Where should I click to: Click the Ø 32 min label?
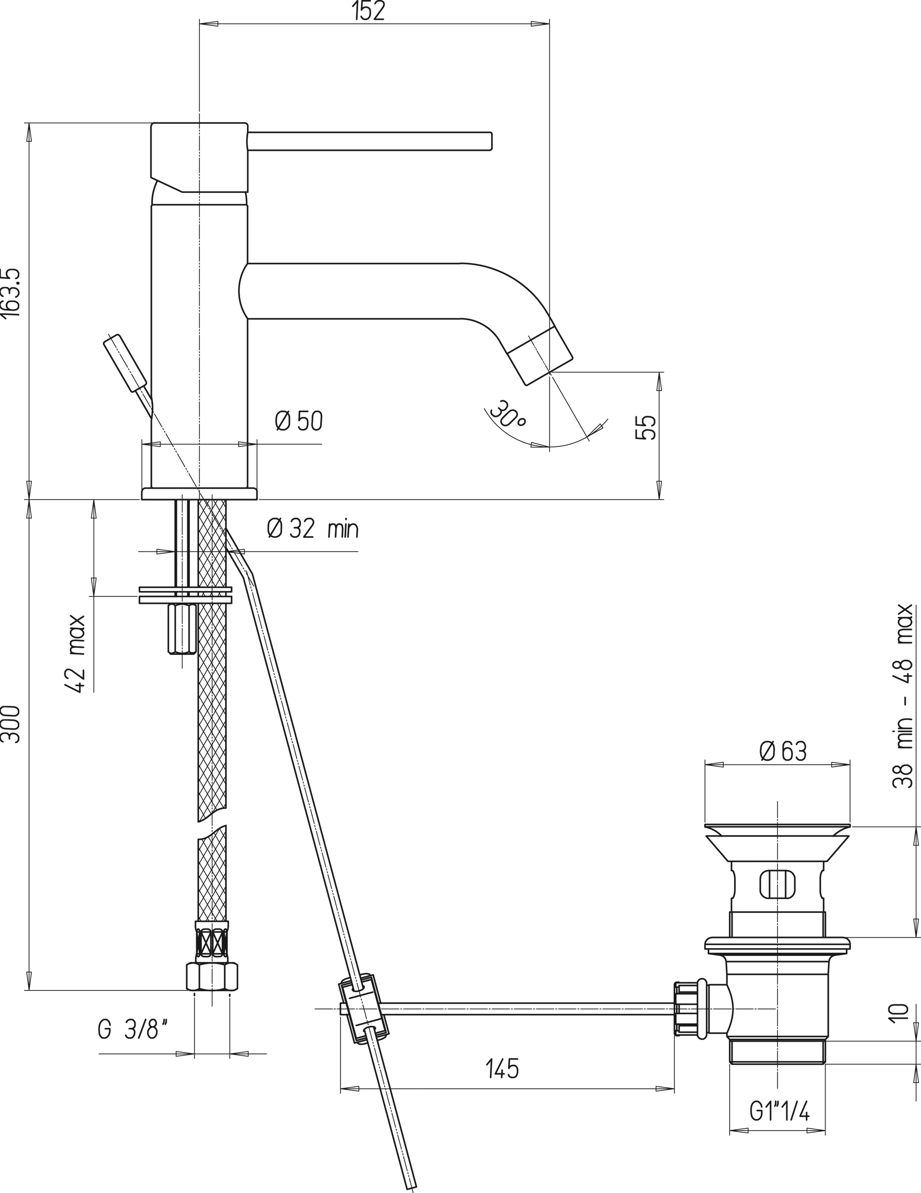(312, 529)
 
